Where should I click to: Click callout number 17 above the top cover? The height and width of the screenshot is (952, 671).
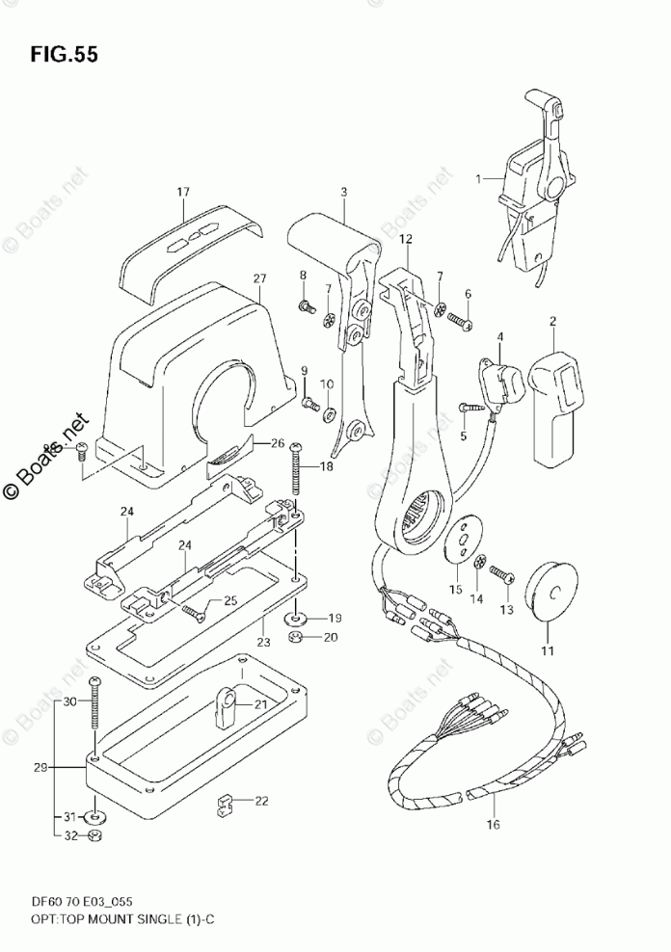click(182, 193)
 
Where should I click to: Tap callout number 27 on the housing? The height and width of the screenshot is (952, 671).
click(259, 279)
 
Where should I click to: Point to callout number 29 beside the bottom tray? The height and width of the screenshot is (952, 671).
click(40, 767)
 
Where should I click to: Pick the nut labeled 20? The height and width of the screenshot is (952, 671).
click(298, 637)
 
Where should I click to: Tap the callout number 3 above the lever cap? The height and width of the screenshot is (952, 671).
click(344, 193)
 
